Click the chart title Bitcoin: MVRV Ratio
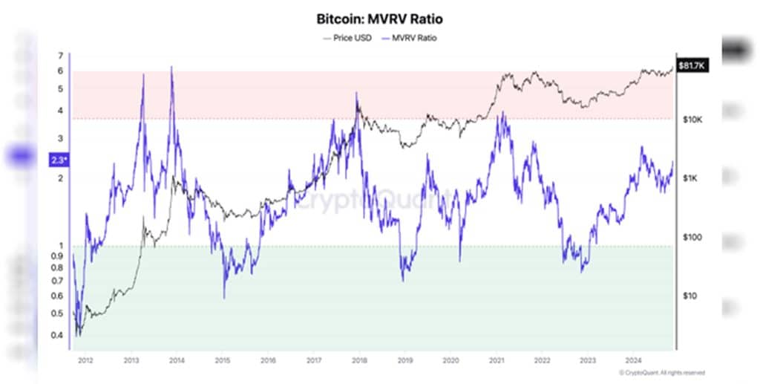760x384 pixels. (379, 19)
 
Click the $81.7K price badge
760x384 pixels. (691, 67)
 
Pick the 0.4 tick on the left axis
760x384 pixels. (57, 336)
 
